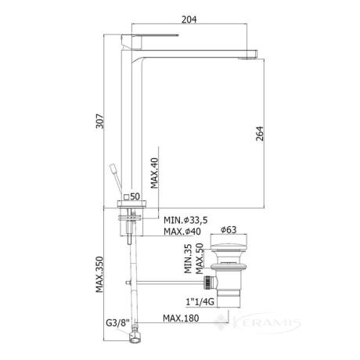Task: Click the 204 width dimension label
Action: click(189, 20)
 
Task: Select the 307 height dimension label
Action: click(99, 121)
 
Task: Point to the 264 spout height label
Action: click(260, 134)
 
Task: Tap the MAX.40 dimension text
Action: click(154, 173)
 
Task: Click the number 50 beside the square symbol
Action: click(135, 196)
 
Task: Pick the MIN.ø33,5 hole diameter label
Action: click(185, 220)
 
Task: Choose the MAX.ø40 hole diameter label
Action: click(182, 232)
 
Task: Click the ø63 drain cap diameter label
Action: click(229, 230)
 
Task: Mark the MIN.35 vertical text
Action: click(188, 259)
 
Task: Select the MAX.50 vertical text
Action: click(200, 259)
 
